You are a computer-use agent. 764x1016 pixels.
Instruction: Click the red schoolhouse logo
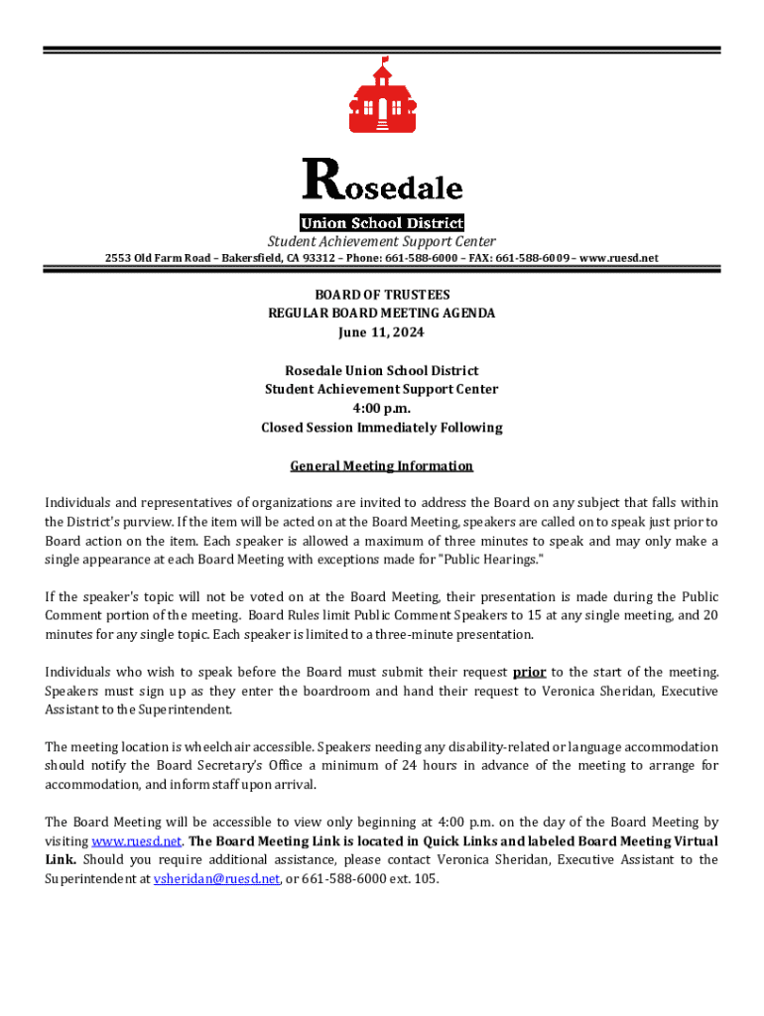point(381,99)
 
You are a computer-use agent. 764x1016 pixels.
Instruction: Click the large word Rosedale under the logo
point(382,184)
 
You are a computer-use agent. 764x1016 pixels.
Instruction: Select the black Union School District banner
point(382,223)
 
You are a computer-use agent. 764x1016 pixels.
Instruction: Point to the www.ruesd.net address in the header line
point(619,258)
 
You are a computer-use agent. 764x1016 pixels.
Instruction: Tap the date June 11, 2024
point(382,332)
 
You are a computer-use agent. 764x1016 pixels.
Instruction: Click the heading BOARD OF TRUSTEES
point(382,295)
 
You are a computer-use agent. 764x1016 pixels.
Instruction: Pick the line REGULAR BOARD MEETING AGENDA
point(382,314)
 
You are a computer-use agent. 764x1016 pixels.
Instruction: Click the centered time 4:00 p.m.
point(382,408)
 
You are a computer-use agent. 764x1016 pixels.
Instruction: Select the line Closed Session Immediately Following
point(382,428)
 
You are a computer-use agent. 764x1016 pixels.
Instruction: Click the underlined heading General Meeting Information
point(382,465)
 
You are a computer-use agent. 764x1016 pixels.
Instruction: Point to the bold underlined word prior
point(529,672)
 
